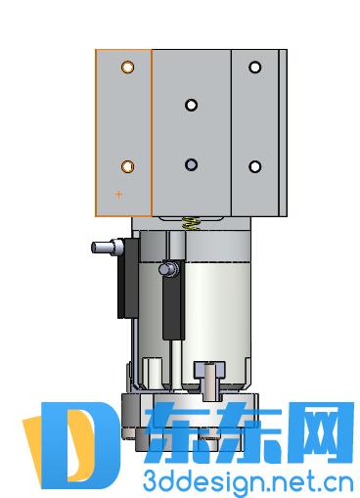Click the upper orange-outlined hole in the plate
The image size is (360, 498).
127,68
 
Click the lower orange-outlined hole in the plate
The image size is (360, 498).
127,166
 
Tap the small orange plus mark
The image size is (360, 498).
118,194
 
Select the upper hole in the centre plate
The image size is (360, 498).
191,105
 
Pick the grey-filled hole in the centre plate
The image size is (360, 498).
191,164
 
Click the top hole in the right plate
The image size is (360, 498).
254,68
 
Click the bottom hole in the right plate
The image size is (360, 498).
254,166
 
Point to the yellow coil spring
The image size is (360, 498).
191,224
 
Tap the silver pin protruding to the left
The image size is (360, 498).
108,247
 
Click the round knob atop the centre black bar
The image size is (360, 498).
168,269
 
